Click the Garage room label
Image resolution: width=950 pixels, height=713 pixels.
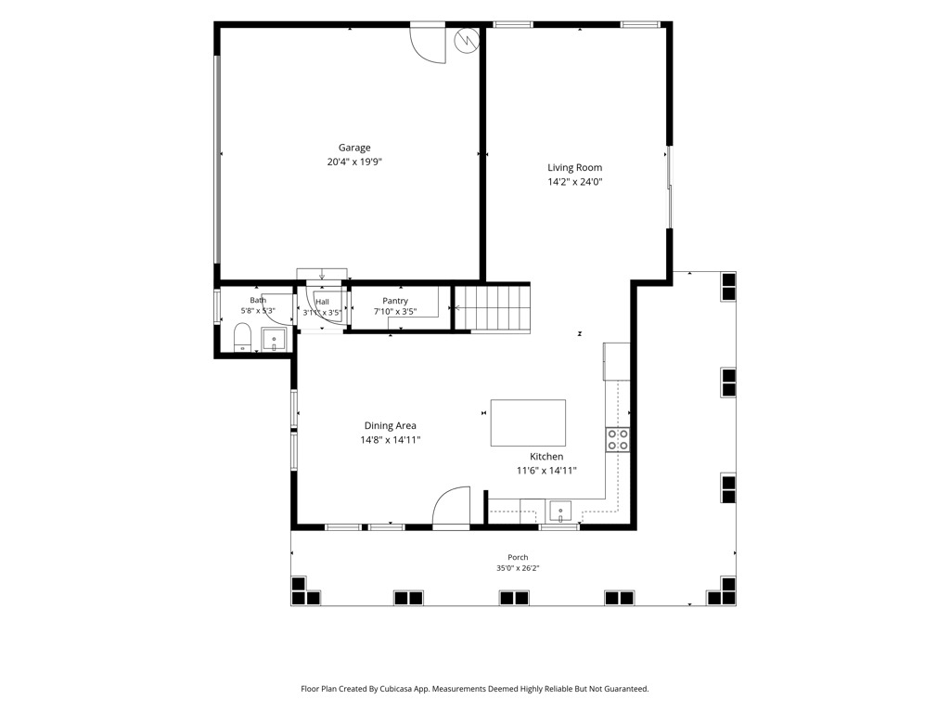(x=354, y=148)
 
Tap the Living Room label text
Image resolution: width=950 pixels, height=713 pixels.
(x=575, y=167)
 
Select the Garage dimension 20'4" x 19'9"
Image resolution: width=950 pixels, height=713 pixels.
(x=354, y=162)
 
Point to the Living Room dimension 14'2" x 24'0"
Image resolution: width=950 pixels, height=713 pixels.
(x=575, y=182)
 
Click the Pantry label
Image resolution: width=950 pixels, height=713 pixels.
(x=395, y=301)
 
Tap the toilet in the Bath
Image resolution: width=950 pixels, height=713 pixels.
(x=242, y=338)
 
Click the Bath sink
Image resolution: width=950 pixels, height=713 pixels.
(x=274, y=340)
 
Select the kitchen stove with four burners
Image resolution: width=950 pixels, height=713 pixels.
(x=617, y=439)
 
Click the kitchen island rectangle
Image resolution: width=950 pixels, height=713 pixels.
(x=528, y=422)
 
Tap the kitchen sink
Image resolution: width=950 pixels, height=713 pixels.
(x=560, y=512)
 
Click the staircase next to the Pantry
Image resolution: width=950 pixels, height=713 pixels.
(x=493, y=308)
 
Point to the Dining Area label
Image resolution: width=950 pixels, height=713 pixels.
(x=391, y=425)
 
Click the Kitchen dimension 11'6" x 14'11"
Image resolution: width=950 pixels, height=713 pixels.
(x=546, y=471)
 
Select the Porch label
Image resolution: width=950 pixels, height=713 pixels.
(x=518, y=557)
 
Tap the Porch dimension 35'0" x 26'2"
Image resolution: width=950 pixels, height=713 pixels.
(x=518, y=568)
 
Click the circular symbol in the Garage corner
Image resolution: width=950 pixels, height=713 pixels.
(x=467, y=40)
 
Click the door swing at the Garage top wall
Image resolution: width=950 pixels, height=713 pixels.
(x=428, y=44)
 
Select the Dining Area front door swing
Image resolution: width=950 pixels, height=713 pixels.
(x=452, y=508)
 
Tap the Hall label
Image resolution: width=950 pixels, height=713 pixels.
(x=322, y=302)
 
